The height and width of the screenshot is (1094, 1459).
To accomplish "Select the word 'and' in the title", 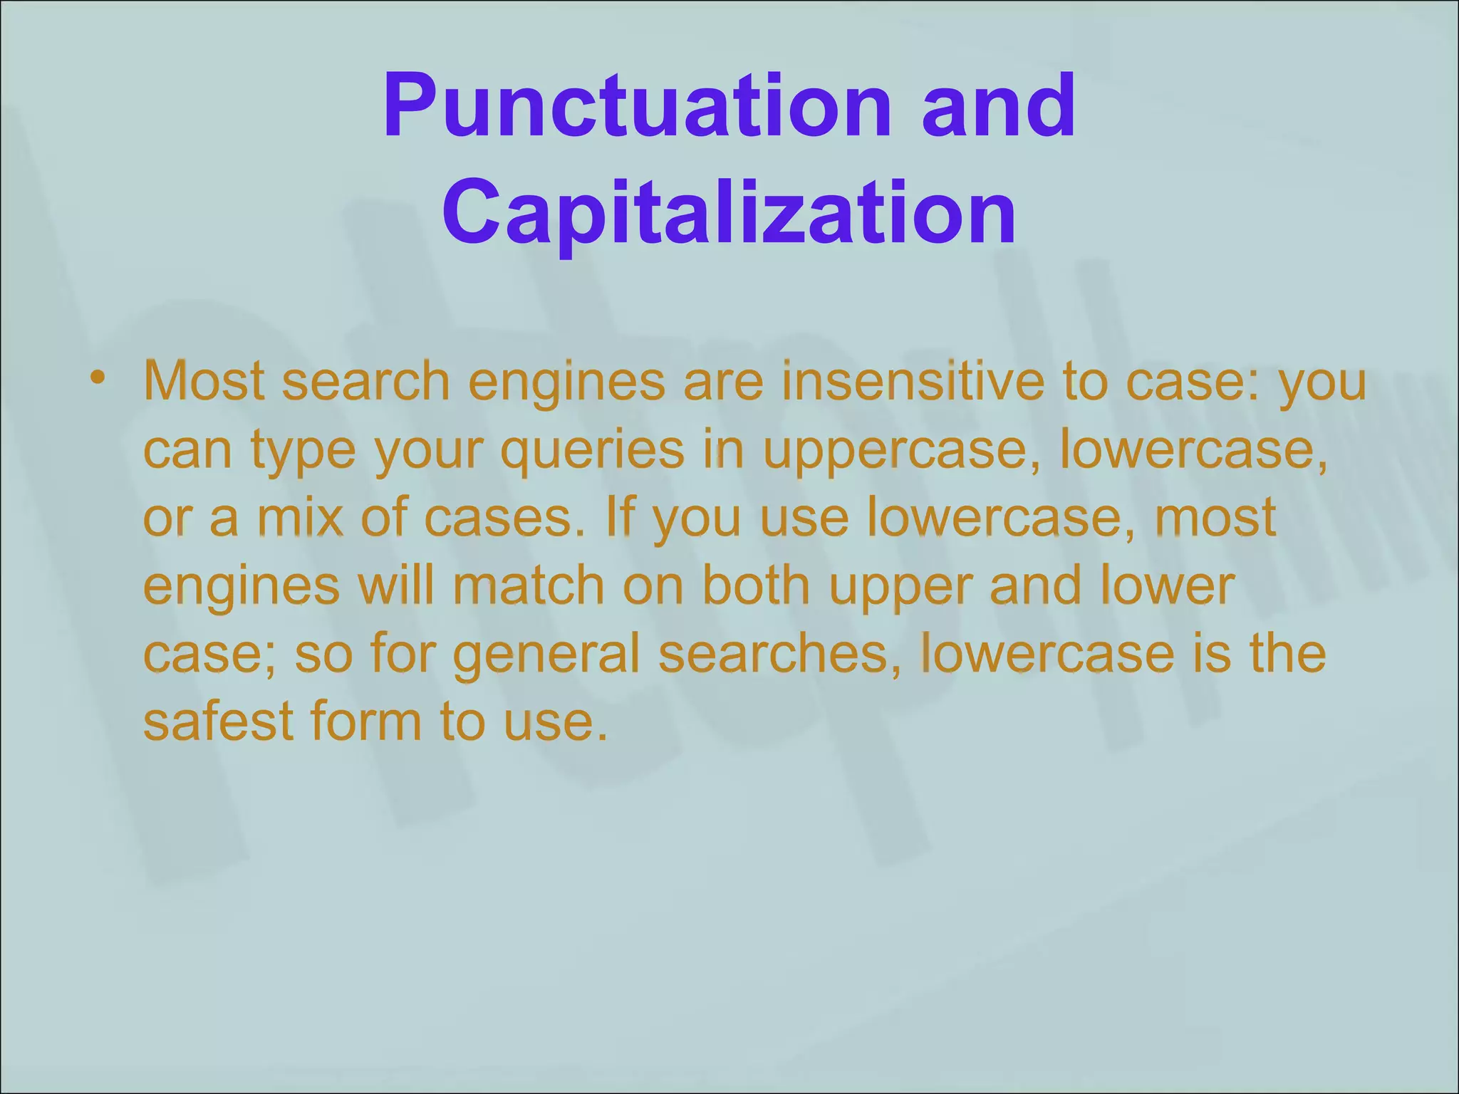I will click(998, 107).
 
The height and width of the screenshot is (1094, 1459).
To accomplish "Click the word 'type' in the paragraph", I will click(303, 450).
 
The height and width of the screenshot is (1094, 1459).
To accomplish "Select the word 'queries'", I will click(591, 450).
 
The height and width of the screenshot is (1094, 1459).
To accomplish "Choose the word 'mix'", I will click(300, 518).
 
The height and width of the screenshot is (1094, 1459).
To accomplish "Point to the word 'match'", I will click(528, 585).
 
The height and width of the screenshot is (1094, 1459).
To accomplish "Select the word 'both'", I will click(756, 585).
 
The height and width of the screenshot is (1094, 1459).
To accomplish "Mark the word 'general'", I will click(546, 654).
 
